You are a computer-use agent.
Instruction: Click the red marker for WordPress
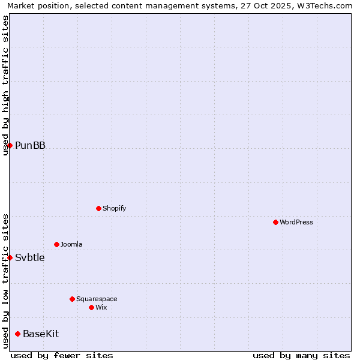pos(275,222)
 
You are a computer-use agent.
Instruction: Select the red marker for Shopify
pos(98,208)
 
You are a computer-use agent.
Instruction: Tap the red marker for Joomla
pos(56,244)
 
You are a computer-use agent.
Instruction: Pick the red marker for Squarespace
pos(72,299)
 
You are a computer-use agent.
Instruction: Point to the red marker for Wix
pos(91,307)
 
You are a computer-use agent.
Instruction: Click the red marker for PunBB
pos(10,145)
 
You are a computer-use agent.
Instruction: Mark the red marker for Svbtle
pos(10,257)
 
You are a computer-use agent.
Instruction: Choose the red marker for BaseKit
pos(17,334)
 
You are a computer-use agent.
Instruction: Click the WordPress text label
pos(296,222)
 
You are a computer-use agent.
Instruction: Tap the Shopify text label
pos(114,208)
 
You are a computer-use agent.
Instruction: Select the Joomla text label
pos(71,244)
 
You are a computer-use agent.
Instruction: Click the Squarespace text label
pos(97,299)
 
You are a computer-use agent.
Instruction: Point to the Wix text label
pos(101,307)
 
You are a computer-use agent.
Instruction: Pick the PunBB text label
pos(30,145)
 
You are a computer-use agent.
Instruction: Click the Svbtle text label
pos(30,258)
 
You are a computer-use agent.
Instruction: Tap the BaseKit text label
pos(41,334)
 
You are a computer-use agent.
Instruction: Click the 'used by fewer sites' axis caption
pos(62,355)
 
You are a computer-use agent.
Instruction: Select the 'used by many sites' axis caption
pos(301,355)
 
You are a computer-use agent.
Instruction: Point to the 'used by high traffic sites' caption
pos(5,85)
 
